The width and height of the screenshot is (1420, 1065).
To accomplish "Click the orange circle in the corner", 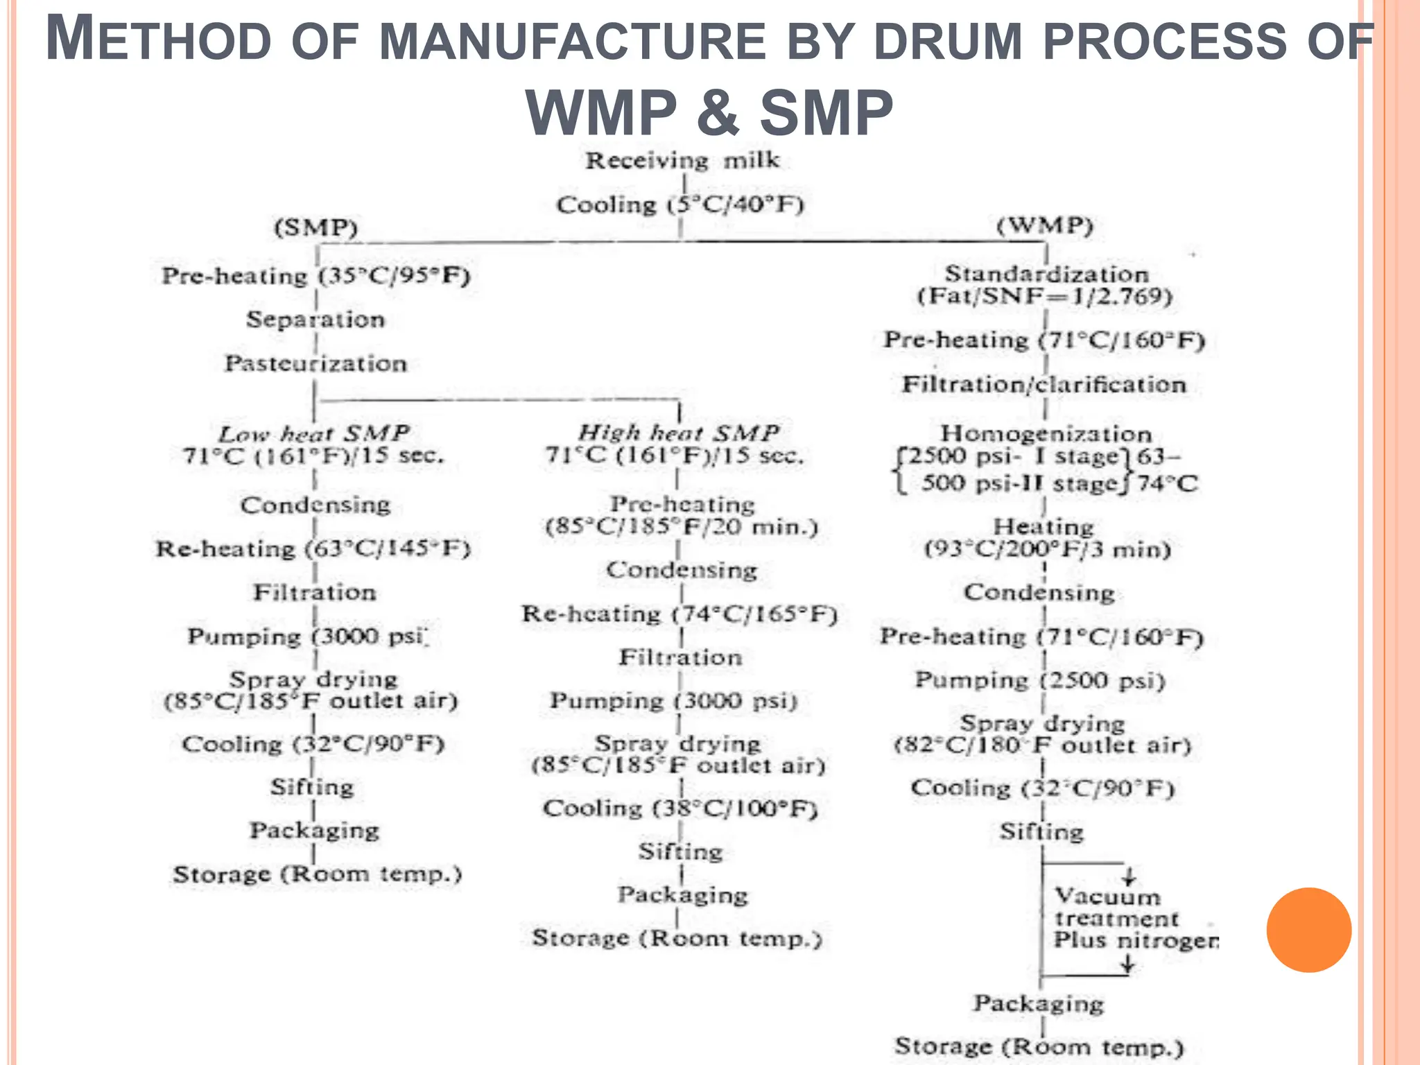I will [1308, 930].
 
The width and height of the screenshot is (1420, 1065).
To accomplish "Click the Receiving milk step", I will [682, 161].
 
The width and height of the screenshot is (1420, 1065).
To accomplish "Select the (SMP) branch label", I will [316, 227].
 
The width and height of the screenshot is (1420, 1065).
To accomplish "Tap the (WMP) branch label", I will [1045, 225].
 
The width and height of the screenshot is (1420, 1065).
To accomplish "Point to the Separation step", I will [315, 320].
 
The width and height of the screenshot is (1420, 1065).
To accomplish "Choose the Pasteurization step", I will [315, 363].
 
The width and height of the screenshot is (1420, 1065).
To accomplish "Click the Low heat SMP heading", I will [314, 434].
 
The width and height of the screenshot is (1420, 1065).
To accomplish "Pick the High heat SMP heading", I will [679, 433].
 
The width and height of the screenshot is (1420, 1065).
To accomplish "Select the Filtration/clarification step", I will [1044, 384].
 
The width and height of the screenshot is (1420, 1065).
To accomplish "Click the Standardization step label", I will [1046, 274].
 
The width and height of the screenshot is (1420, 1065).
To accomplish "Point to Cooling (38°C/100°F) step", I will [680, 808].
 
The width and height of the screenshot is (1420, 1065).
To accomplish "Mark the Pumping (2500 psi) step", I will [1040, 680].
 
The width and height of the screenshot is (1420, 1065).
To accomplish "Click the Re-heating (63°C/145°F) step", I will [313, 548].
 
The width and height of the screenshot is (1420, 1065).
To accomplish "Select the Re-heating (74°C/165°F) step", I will [679, 614].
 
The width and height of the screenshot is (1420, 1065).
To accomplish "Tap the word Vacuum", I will [1107, 897].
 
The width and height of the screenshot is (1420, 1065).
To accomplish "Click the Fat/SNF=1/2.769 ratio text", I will [1046, 297].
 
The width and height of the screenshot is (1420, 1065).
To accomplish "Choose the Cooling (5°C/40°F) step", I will [680, 205].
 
